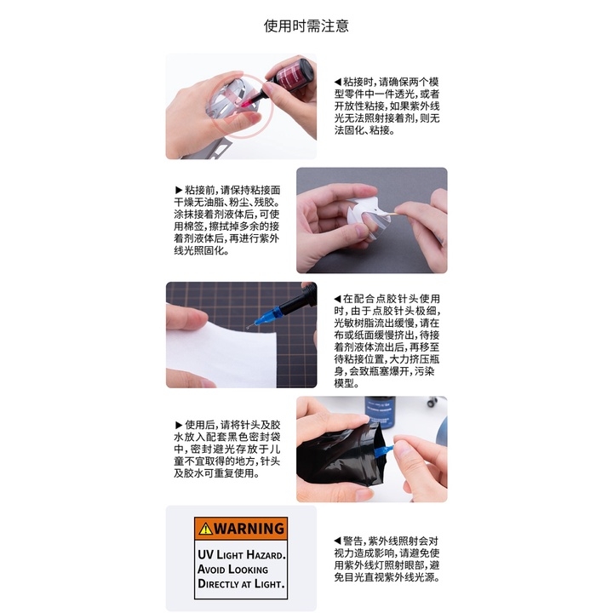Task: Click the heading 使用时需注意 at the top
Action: coord(306,26)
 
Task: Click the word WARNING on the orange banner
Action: coord(248,528)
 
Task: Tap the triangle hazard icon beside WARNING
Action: coord(204,529)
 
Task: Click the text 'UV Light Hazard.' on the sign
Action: coord(242,553)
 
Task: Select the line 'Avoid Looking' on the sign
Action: coord(233,569)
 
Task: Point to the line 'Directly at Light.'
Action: coord(241,585)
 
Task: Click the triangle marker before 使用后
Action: coord(177,424)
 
